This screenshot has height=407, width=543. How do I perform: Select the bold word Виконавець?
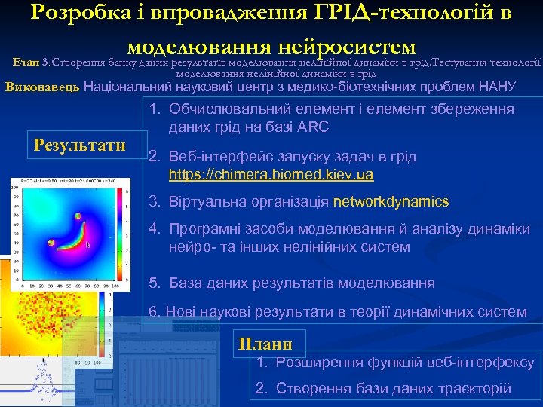click(x=42, y=87)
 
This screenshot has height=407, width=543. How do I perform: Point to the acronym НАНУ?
click(x=498, y=87)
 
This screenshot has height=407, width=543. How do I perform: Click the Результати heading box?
click(x=80, y=145)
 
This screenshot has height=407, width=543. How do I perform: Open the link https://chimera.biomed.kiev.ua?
click(x=271, y=175)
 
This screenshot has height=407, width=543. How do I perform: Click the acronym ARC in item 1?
click(x=311, y=127)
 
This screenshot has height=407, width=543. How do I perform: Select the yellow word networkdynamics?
click(x=391, y=201)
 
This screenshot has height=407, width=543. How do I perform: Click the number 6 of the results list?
click(x=152, y=311)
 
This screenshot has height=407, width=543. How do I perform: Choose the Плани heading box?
click(x=265, y=344)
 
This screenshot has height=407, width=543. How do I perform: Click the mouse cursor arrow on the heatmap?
click(x=88, y=245)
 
